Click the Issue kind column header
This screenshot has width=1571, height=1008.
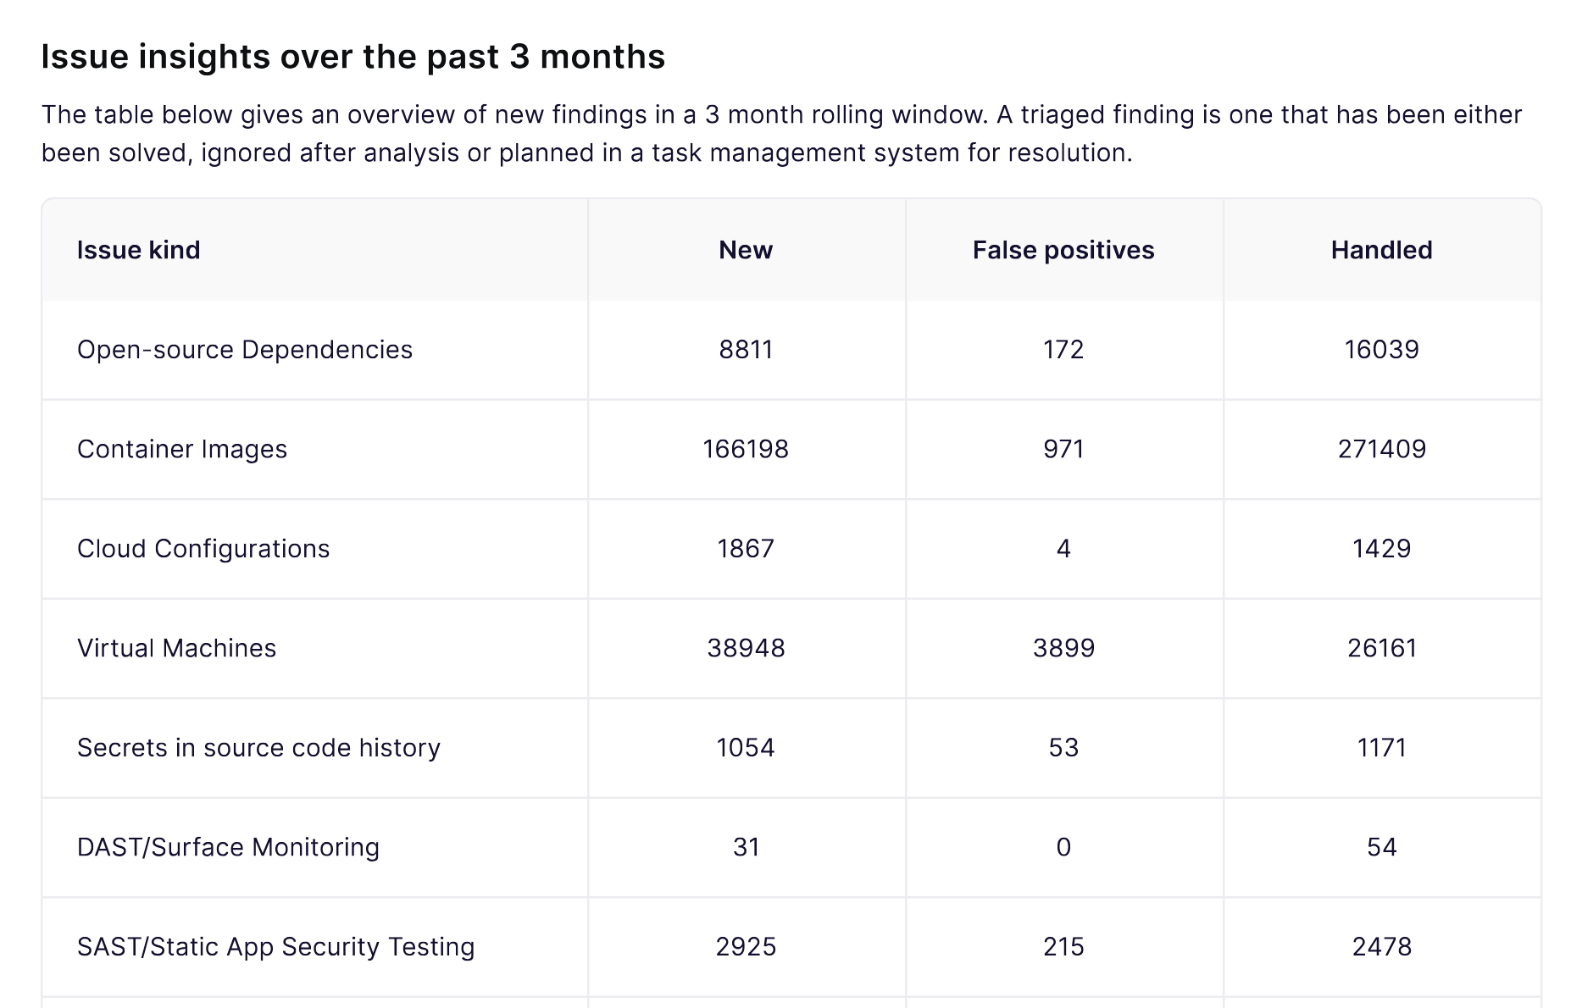click(138, 250)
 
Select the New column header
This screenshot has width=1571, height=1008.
click(746, 250)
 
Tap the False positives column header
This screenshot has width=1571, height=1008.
click(1063, 250)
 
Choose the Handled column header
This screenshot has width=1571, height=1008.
click(1381, 250)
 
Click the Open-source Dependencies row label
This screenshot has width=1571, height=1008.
click(245, 350)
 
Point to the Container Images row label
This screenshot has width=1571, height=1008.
click(182, 449)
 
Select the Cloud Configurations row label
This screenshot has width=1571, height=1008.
click(203, 549)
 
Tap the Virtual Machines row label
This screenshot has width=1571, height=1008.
click(176, 648)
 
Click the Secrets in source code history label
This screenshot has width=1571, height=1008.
click(258, 748)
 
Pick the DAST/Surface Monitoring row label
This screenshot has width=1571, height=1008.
click(228, 847)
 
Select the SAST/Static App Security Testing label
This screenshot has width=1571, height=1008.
click(275, 947)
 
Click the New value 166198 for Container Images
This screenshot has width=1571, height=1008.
click(746, 449)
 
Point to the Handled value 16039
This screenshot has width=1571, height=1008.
click(1381, 350)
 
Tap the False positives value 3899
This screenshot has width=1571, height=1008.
click(1063, 648)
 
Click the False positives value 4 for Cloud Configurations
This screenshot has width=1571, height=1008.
click(1063, 549)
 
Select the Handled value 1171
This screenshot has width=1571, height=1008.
click(1381, 748)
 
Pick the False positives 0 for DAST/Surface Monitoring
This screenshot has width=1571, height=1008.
click(1063, 847)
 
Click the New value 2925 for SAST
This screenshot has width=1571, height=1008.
click(746, 947)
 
